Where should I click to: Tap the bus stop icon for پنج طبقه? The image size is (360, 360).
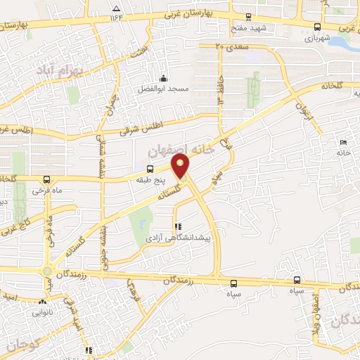(x=149, y=169)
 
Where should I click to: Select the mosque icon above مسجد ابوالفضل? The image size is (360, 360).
(x=163, y=78)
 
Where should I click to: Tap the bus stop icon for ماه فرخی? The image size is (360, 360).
(x=46, y=179)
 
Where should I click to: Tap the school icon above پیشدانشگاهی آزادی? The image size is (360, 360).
(x=178, y=227)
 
